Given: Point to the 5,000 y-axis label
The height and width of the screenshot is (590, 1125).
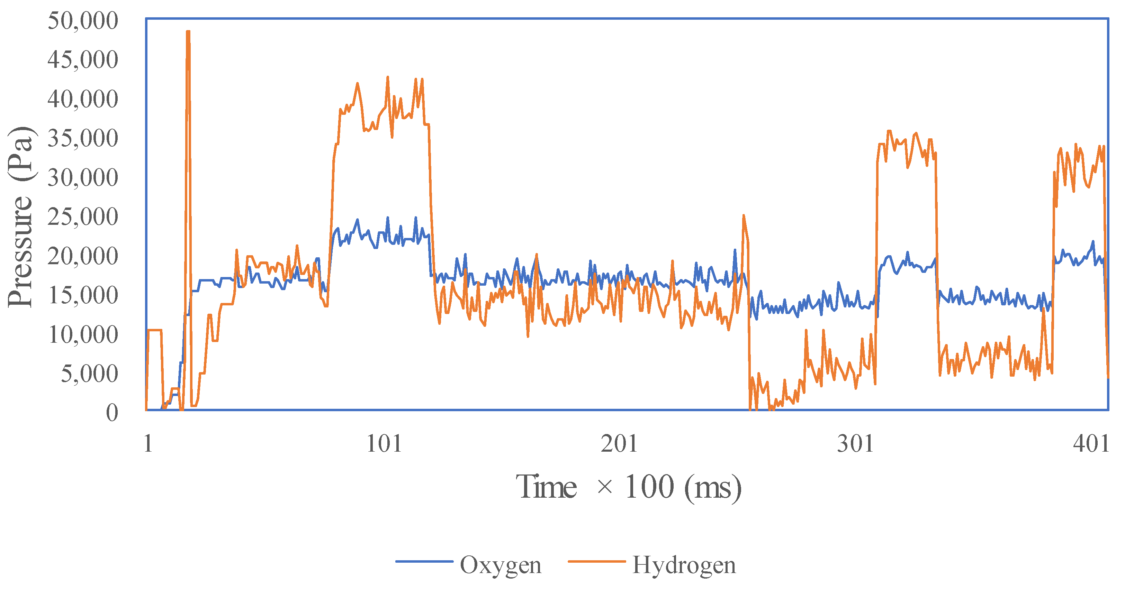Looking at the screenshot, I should click(x=89, y=374).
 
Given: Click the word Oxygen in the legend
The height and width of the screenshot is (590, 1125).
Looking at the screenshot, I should click(x=501, y=565).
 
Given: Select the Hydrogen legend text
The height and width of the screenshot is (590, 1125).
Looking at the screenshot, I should click(x=684, y=565).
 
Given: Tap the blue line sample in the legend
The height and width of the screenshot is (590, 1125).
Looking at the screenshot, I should click(x=424, y=562).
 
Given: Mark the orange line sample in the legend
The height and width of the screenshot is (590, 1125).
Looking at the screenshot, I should click(x=596, y=562).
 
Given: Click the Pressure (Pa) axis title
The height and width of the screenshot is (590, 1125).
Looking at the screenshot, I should click(x=20, y=217).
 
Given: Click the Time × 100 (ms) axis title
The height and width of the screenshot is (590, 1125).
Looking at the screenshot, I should click(x=629, y=487).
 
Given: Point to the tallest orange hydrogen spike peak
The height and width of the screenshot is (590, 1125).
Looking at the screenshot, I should click(x=188, y=32).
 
